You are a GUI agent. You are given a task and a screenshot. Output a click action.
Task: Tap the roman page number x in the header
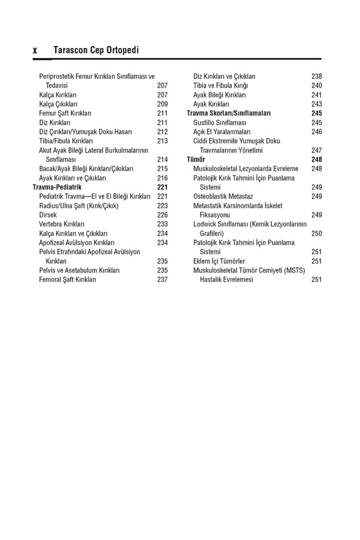coord(35,51)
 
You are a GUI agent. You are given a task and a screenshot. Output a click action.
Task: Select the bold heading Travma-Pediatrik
coord(57,187)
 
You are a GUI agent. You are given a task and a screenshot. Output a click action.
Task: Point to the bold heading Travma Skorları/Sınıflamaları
coord(228,113)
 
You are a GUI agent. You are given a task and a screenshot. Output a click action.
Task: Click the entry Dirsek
coord(48,215)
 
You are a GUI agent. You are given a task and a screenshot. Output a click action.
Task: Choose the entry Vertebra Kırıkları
coord(62,224)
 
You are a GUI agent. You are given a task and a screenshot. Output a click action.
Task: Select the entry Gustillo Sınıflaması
coord(220,122)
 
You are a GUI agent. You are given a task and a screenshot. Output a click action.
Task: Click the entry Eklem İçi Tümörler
coord(219,261)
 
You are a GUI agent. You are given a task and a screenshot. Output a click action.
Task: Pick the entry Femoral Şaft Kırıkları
coord(67,280)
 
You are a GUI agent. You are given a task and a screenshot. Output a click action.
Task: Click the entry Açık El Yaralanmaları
coord(222,132)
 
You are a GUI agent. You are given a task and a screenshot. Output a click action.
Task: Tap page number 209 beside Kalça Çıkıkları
coord(162,104)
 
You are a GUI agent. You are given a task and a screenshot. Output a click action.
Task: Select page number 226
coord(162,215)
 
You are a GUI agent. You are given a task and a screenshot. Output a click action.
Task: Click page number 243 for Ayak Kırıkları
coord(317,104)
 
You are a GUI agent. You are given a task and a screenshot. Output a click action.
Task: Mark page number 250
coord(317,233)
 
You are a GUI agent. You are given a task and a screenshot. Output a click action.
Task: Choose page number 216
coord(162,178)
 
